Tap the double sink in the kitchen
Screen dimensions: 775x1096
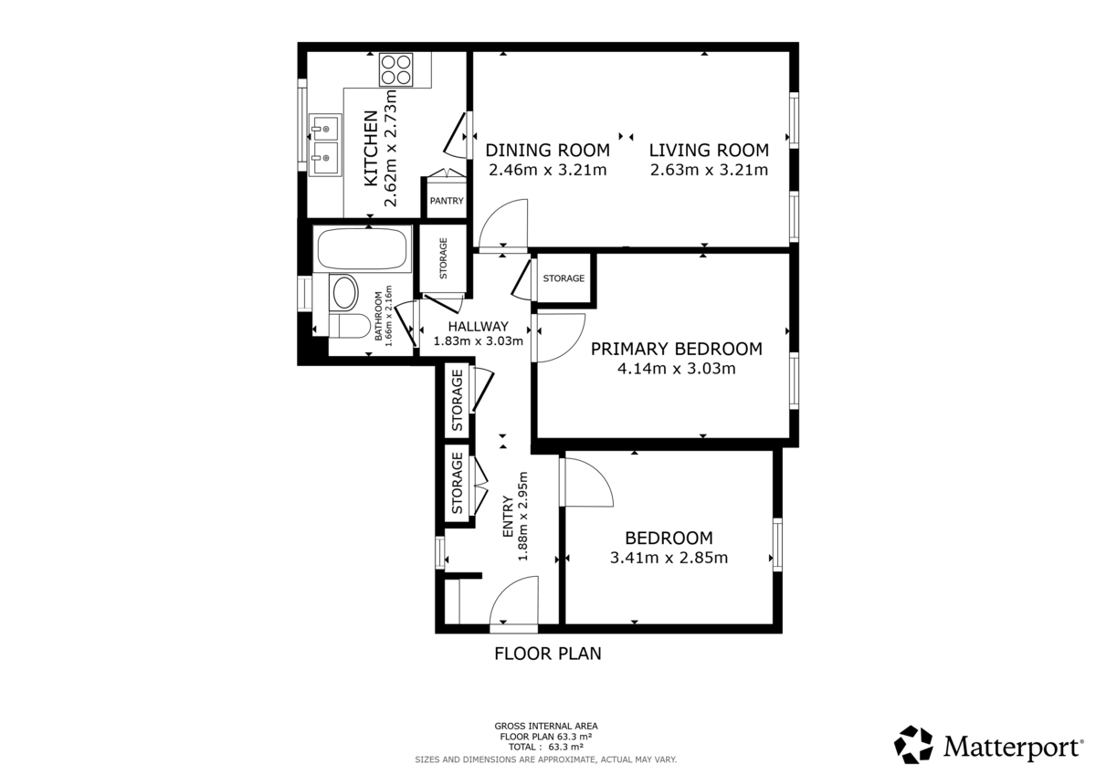(323, 146)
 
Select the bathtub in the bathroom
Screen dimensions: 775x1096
(362, 249)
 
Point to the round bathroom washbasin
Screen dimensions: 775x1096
(345, 293)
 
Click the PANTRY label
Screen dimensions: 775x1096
(447, 201)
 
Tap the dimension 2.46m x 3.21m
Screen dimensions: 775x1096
(547, 170)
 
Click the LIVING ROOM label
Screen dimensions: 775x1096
(709, 150)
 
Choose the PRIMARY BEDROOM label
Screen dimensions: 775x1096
(676, 349)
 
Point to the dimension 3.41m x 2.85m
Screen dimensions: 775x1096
(669, 558)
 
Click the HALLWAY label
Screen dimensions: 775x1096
(478, 326)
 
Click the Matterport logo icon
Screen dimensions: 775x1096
(913, 744)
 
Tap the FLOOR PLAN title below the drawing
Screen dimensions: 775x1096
(547, 654)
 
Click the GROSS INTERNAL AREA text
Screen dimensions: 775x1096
(546, 727)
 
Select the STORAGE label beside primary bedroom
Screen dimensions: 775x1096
(564, 278)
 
